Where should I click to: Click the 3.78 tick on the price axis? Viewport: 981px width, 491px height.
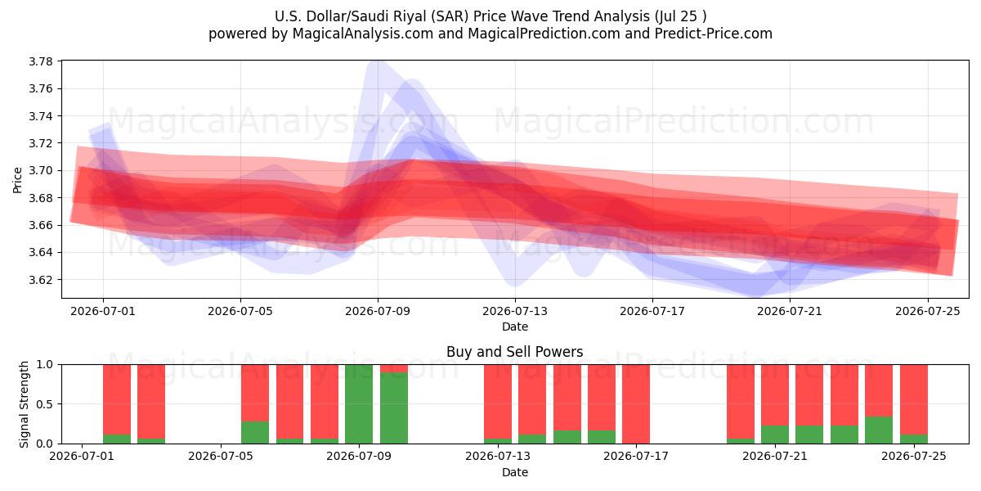pos(40,61)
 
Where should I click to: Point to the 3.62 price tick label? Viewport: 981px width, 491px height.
pos(40,280)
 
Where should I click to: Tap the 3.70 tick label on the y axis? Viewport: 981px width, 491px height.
pos(40,170)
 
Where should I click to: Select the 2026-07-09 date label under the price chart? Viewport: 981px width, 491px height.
pos(378,311)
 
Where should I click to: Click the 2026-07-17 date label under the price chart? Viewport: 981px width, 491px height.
pos(652,311)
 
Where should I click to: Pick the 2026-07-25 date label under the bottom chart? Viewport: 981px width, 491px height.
pos(914,457)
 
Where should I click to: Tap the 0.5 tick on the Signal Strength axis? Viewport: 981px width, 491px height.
pos(44,404)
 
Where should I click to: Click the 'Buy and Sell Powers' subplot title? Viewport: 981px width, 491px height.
pos(514,352)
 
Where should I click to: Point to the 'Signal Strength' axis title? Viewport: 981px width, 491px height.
pos(24,404)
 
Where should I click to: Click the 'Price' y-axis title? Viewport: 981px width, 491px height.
pos(17,180)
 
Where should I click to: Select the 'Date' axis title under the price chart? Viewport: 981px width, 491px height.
pos(515,327)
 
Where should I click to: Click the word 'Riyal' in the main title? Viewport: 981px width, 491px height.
pos(410,16)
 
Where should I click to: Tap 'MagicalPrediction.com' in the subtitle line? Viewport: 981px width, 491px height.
pos(544,34)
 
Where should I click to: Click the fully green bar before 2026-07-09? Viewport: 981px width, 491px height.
pos(359,404)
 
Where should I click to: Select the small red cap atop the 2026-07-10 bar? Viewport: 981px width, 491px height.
pos(394,369)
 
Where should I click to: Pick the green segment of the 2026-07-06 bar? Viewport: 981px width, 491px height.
pos(255,432)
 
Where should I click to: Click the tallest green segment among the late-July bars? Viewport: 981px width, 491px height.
pos(879,430)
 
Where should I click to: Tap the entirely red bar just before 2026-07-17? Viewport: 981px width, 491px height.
pos(636,404)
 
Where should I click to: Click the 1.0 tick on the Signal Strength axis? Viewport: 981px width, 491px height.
pos(44,365)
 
